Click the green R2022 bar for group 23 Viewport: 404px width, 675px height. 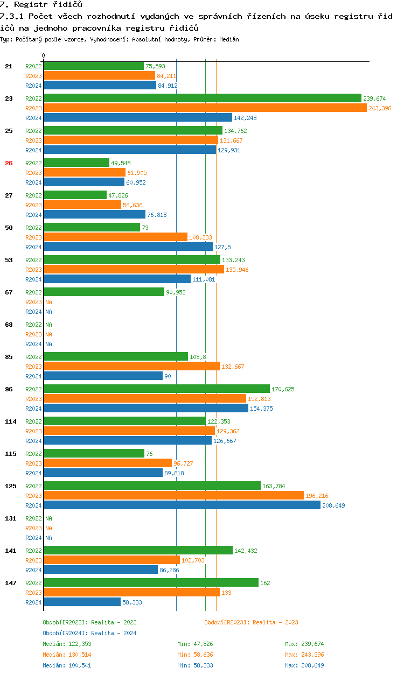(202, 98)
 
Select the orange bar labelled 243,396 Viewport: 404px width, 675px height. (205, 108)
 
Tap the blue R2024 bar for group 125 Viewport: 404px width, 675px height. (182, 505)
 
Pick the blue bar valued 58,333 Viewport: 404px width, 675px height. (82, 602)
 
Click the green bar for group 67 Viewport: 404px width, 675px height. (104, 292)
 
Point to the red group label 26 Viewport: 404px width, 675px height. (9, 163)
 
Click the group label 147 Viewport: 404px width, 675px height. (10, 583)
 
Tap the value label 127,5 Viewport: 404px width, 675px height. (223, 247)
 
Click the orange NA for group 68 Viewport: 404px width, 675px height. (48, 334)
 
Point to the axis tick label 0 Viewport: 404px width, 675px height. (44, 55)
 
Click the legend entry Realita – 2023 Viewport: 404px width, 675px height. (251, 622)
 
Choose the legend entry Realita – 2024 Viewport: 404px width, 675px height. (89, 633)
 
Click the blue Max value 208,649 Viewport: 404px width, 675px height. (304, 665)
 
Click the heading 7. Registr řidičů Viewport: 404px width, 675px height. (41, 5)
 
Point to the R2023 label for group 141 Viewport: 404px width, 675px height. (33, 560)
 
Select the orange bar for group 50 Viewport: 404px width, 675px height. (115, 237)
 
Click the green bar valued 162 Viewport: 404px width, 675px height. (151, 582)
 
